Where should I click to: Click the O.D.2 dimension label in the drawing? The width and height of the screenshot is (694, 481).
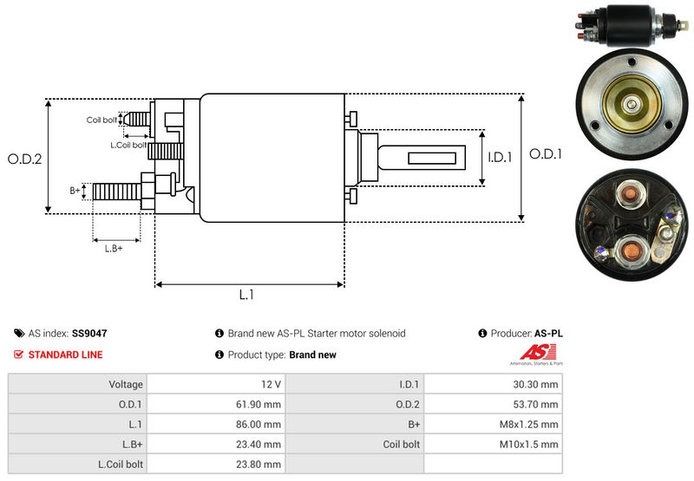tap(24, 159)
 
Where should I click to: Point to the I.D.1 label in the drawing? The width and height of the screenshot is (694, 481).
tap(501, 158)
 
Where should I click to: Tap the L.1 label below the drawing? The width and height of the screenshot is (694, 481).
tap(246, 295)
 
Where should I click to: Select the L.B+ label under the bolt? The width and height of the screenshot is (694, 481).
tap(114, 249)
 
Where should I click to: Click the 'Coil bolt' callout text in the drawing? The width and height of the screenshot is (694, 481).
tap(101, 120)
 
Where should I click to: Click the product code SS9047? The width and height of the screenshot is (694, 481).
tap(89, 333)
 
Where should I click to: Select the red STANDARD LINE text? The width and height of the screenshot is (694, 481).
tap(65, 354)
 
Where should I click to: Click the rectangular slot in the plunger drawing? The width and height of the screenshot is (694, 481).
tap(431, 158)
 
